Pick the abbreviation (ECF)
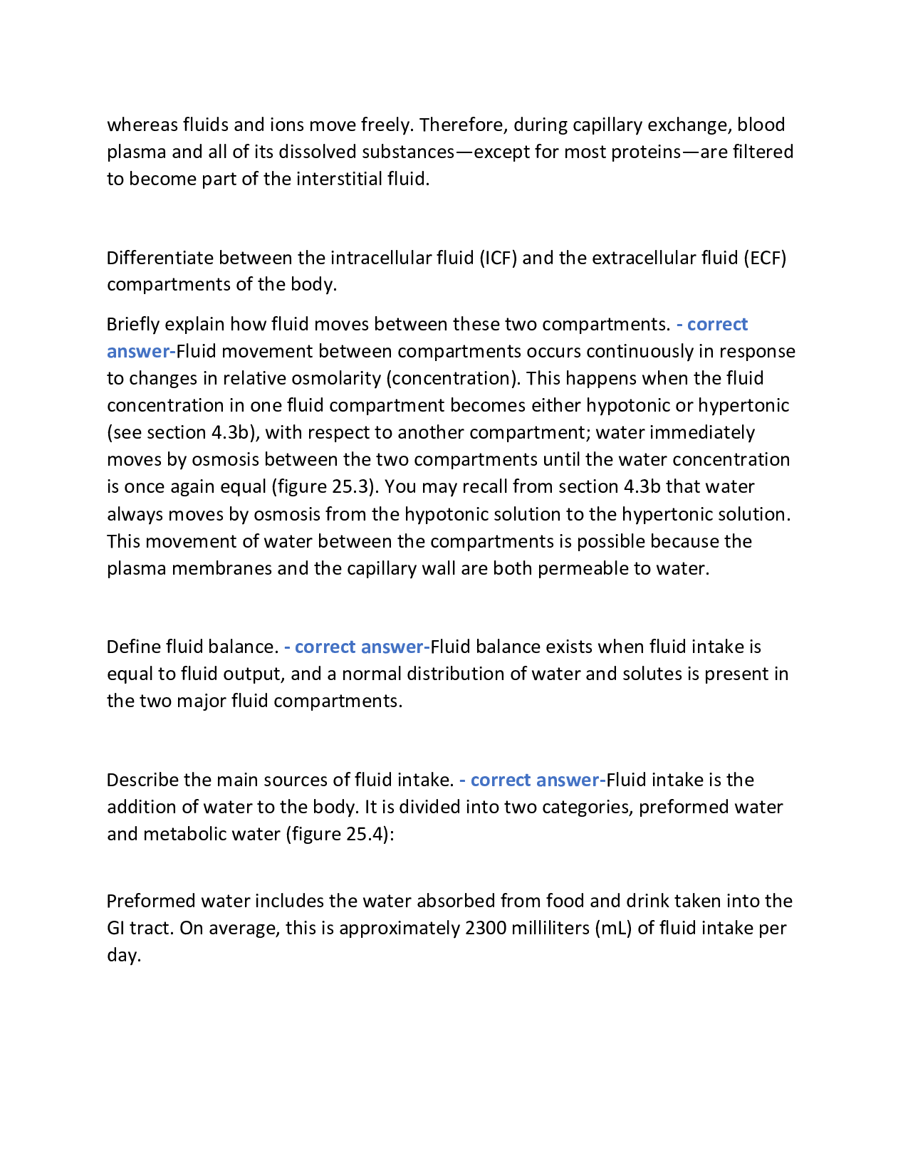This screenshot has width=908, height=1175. click(765, 258)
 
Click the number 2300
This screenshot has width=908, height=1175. click(485, 929)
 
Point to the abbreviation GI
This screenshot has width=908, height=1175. click(116, 929)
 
